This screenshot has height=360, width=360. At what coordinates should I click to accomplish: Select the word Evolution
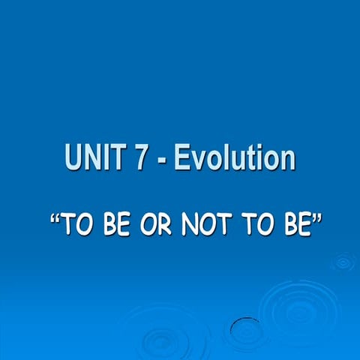tap(234, 158)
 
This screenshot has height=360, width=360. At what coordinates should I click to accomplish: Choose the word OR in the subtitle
tap(154, 224)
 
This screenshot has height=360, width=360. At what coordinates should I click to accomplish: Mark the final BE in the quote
tap(289, 224)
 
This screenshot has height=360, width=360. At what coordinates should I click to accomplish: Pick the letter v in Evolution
tap(196, 160)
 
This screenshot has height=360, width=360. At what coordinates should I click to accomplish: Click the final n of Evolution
tap(286, 160)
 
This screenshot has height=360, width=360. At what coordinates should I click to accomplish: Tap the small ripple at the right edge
tap(343, 262)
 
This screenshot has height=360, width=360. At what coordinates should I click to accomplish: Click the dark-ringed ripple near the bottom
tap(245, 328)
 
